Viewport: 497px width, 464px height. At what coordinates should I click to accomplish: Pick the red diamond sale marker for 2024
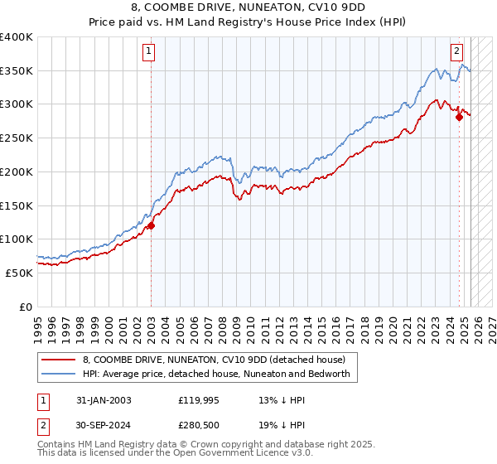pos(459,118)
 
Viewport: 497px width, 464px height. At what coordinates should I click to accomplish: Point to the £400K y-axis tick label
pos(17,37)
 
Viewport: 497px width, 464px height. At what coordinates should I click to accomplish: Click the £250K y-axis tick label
pos(17,138)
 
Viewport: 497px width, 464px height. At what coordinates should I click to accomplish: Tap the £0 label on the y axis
pos(27,307)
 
